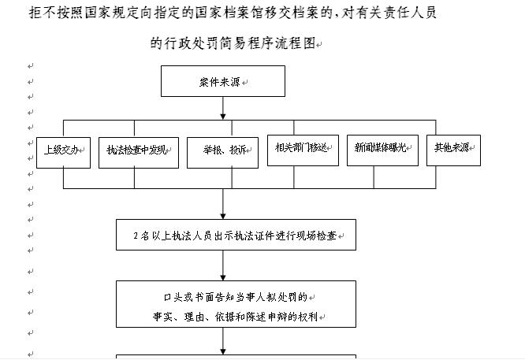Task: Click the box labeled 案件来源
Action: pyautogui.click(x=222, y=81)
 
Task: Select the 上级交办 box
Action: pyautogui.click(x=63, y=150)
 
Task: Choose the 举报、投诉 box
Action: pyautogui.click(x=222, y=151)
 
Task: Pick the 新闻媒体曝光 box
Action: pyautogui.click(x=382, y=148)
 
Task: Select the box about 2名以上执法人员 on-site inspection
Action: pyautogui.click(x=236, y=235)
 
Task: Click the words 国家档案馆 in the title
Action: pyautogui.click(x=226, y=13)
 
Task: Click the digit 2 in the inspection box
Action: pyautogui.click(x=137, y=236)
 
